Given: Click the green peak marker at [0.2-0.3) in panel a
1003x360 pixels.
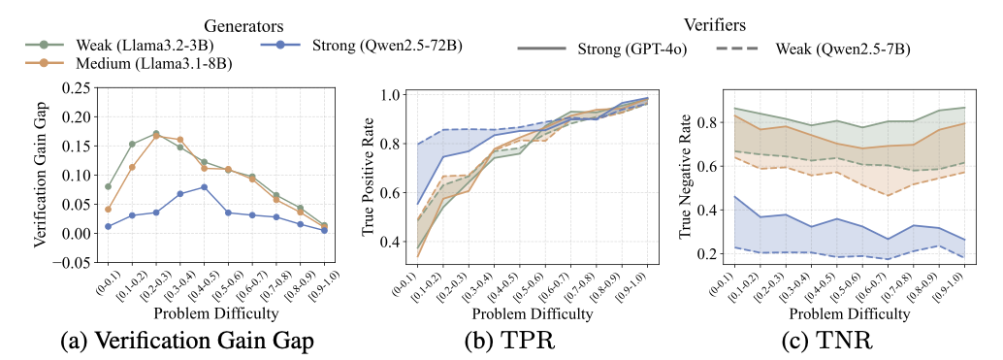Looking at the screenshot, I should tap(155, 134).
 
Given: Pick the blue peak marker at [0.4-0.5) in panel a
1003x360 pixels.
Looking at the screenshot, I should tap(204, 187).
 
